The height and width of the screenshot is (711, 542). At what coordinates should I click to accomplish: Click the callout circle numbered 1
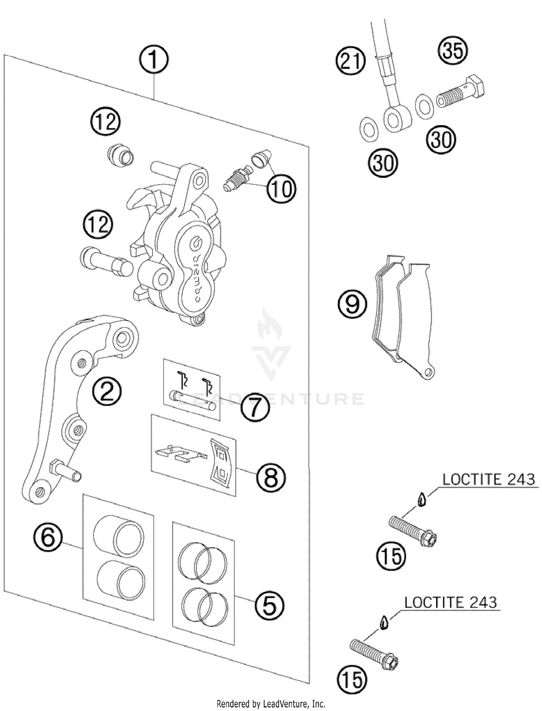coord(154,60)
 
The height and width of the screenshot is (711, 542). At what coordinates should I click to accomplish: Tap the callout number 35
coord(453,50)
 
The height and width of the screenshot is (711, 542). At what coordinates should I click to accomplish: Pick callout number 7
coord(255,406)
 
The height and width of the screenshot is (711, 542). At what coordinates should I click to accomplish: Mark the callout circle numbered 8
coord(271,477)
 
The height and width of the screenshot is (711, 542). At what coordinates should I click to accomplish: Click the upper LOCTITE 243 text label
coord(489,480)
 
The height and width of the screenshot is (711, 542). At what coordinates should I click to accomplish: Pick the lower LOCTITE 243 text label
coord(450,603)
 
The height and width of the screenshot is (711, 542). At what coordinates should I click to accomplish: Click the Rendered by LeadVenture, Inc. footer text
coord(271,704)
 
